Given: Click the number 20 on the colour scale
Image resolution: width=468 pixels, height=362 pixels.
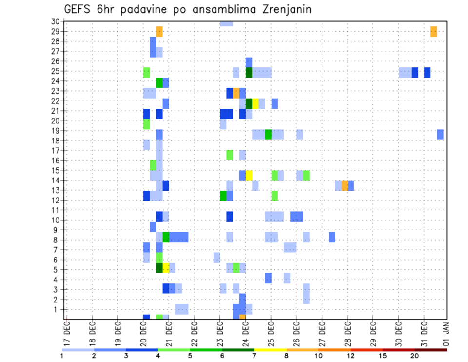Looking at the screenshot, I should click(x=415, y=356).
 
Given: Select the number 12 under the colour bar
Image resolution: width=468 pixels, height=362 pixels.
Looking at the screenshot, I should click(x=351, y=356).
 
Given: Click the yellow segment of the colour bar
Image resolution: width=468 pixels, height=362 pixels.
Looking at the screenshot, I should click(x=271, y=350).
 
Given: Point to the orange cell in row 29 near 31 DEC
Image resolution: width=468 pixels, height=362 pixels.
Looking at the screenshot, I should click(x=434, y=32).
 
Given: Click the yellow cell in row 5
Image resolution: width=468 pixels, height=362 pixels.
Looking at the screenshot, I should click(x=166, y=268).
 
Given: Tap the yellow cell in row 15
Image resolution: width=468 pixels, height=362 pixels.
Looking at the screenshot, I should click(x=249, y=175).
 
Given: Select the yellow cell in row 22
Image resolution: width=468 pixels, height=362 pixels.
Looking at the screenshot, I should click(x=255, y=103).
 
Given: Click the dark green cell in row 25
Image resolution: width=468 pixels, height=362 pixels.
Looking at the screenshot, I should click(x=249, y=72).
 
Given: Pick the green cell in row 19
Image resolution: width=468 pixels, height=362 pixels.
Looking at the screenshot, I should click(x=268, y=134).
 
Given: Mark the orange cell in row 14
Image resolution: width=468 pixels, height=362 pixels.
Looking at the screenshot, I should click(x=345, y=185).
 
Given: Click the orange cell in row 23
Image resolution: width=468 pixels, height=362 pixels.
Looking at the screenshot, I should click(x=236, y=93).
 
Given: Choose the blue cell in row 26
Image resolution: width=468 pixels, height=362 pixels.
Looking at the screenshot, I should click(x=249, y=62).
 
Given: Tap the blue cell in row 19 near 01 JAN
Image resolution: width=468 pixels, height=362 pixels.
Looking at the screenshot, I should click(x=440, y=134).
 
